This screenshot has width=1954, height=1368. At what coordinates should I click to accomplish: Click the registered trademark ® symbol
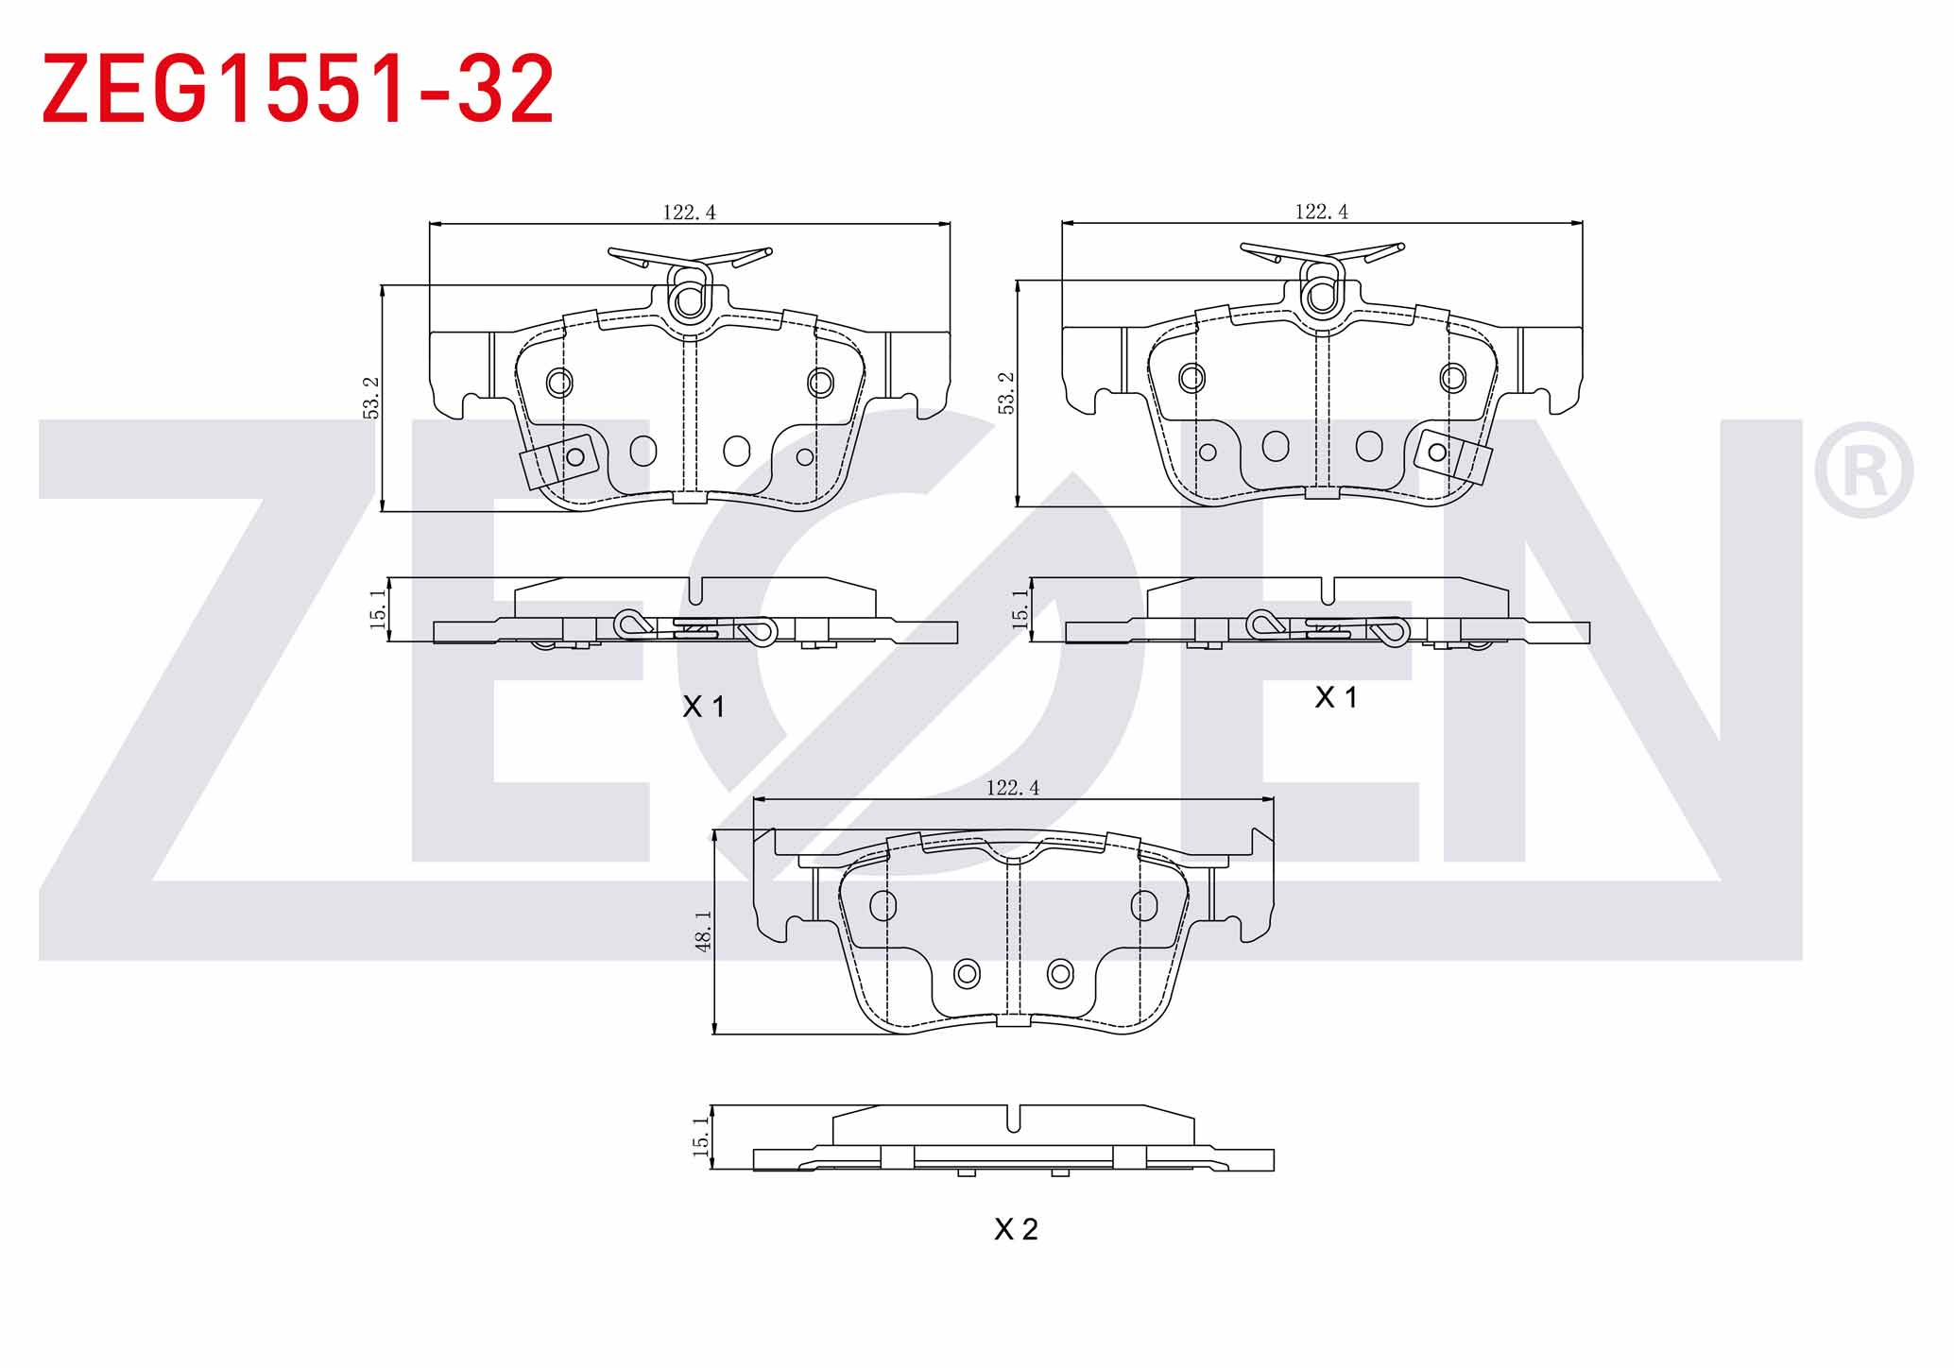point(1863,470)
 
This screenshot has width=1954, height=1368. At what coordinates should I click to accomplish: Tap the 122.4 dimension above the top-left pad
point(689,213)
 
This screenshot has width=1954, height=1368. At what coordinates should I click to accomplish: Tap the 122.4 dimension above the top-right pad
point(1321,212)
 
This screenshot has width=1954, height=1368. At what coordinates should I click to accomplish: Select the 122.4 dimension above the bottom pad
point(1012,787)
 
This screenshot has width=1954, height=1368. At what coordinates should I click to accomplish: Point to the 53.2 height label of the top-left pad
point(371,398)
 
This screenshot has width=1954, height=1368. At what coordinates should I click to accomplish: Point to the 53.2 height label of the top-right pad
point(1005,392)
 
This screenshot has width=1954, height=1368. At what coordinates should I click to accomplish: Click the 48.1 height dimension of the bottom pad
point(703,931)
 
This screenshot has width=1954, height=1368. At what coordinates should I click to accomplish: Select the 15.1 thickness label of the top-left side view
point(377,609)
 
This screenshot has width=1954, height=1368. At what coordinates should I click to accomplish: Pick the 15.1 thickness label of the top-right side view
point(1019,609)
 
